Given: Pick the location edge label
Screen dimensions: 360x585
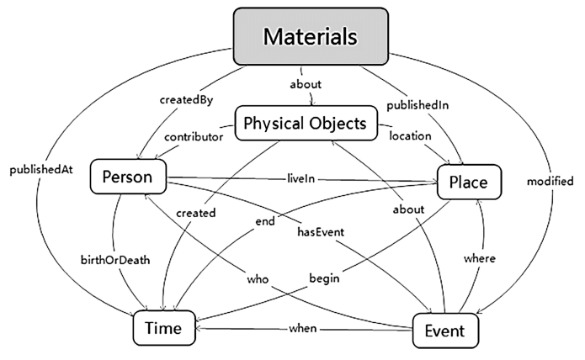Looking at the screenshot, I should pyautogui.click(x=411, y=135).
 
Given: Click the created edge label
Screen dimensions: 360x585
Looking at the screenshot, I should pyautogui.click(x=196, y=213).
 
